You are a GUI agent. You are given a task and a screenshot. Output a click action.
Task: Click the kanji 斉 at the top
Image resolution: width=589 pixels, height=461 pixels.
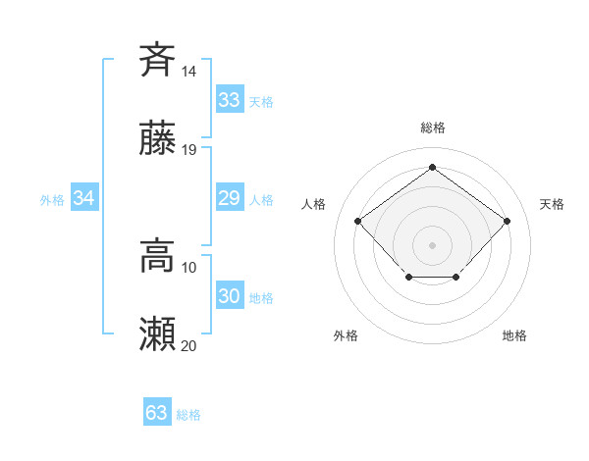(157, 59)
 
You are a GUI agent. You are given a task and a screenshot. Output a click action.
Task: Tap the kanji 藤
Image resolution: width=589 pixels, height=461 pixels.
(157, 140)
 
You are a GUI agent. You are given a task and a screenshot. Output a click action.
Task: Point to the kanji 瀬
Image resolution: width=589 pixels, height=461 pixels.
(157, 335)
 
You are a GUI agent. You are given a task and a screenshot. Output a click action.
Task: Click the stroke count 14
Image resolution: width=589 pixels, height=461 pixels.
(189, 71)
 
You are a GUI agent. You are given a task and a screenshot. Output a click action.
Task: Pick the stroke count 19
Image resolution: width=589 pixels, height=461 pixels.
(189, 150)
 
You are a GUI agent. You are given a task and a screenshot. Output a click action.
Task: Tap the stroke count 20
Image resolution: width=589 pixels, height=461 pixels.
(189, 345)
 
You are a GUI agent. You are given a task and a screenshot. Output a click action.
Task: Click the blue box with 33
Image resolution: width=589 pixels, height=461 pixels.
(229, 100)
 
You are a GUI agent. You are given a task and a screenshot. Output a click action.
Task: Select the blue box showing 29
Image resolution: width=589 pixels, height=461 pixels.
(229, 199)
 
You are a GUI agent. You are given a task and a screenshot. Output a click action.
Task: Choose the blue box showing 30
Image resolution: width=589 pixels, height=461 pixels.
(229, 296)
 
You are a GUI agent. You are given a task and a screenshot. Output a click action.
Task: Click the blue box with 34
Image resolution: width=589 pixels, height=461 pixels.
(84, 199)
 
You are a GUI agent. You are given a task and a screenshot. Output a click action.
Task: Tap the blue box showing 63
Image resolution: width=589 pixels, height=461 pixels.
(156, 413)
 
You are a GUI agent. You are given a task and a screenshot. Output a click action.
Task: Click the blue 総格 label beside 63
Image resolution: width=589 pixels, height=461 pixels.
(188, 415)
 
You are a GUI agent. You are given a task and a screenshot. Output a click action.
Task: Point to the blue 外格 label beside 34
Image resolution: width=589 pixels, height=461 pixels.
(52, 200)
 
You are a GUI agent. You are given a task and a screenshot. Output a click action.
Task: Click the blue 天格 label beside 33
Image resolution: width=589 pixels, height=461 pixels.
(261, 102)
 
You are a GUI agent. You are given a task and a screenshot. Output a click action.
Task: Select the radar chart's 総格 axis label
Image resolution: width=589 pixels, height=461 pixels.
(432, 128)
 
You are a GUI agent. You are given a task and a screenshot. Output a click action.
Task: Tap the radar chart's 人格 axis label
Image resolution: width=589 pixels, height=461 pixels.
(314, 204)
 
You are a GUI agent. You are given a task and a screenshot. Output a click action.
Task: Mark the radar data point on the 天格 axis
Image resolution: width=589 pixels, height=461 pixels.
(507, 221)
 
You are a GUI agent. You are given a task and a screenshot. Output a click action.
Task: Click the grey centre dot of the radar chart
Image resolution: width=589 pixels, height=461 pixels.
(432, 244)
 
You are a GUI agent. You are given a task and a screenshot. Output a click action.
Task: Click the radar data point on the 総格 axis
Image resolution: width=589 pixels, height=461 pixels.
(432, 167)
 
